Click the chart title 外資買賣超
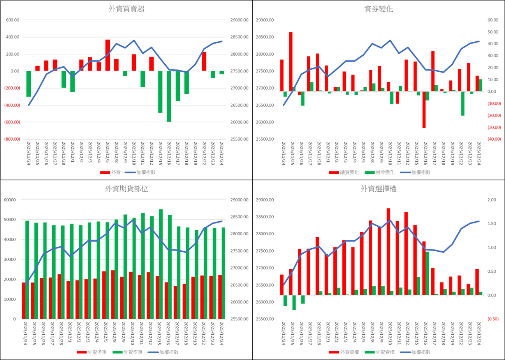point(127,9)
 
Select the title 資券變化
point(378,9)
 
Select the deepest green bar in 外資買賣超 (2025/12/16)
point(169,97)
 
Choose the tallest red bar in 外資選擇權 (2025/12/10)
point(388,252)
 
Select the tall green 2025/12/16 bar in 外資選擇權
point(427,273)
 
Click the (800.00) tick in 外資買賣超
point(13,139)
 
